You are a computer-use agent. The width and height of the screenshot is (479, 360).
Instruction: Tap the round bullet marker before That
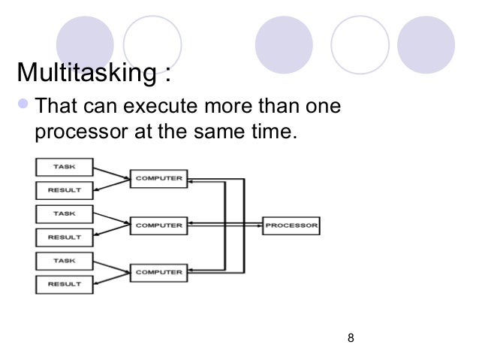[x=24, y=106]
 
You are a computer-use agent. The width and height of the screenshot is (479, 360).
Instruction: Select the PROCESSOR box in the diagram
[x=291, y=225]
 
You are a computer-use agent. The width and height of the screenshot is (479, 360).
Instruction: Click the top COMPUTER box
[x=158, y=179]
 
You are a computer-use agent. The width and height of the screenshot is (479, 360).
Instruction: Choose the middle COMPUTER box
[x=158, y=225]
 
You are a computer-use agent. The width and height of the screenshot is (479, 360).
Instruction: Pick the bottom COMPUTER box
[x=158, y=271]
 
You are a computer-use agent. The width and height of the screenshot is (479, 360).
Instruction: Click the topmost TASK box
[x=64, y=165]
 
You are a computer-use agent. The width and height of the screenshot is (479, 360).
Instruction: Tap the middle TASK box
[x=64, y=213]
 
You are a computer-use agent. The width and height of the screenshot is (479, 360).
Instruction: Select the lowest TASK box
[x=64, y=259]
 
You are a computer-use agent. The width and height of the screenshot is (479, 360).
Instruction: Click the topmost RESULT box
[x=64, y=190]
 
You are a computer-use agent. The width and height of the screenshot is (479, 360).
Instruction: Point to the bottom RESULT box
[x=64, y=284]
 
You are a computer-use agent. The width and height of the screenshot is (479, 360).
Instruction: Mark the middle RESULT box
[x=64, y=237]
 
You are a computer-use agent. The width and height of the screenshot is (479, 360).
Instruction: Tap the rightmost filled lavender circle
[x=426, y=41]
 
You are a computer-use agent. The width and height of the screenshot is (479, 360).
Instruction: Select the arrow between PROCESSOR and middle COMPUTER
[x=225, y=224]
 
